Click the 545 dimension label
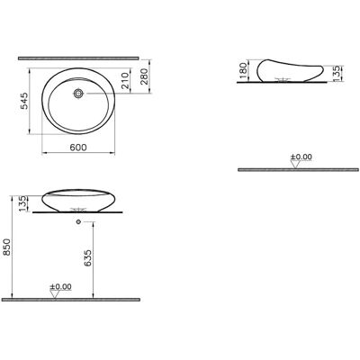pyautogui.click(x=24, y=101)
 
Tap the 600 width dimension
pyautogui.click(x=78, y=148)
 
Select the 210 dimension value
pyautogui.click(x=125, y=80)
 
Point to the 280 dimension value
pyautogui.click(x=144, y=76)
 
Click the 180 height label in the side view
pyautogui.click(x=243, y=70)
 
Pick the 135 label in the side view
pyautogui.click(x=337, y=74)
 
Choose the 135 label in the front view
pyautogui.click(x=22, y=203)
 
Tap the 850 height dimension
pyautogui.click(x=6, y=247)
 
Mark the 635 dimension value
pyautogui.click(x=88, y=258)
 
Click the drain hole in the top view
pyautogui.click(x=78, y=94)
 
